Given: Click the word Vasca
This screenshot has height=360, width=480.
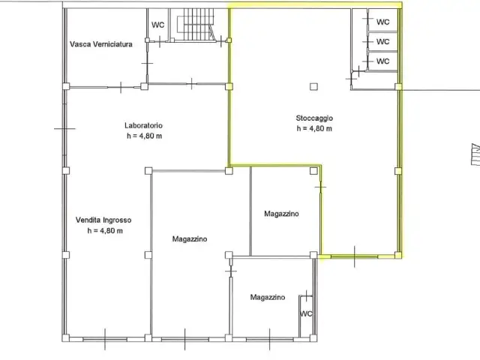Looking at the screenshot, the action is [80, 44].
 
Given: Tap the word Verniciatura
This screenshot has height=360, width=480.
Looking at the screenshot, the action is [112, 44].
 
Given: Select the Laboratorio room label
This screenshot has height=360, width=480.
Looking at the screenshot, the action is [143, 125].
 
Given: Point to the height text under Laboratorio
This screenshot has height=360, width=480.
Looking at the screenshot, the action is [145, 136].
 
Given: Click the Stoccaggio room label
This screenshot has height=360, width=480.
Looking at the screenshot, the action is [314, 118].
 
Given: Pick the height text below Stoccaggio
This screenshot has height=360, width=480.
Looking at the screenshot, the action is [314, 128].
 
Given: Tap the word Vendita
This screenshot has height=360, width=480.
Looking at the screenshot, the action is [88, 220].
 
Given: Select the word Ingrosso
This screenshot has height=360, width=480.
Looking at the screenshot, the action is [117, 220].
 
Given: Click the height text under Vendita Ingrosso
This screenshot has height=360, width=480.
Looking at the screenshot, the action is [105, 231].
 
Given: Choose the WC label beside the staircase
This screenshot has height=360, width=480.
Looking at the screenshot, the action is [158, 25].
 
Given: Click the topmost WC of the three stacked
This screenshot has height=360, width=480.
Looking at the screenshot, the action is [383, 22].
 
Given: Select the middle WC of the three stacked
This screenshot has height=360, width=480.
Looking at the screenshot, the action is [383, 42].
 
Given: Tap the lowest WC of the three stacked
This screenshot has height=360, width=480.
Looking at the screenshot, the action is [383, 61].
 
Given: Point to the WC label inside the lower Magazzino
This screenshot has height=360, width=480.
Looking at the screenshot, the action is [306, 313].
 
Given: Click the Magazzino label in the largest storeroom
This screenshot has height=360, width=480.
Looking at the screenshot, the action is [190, 239].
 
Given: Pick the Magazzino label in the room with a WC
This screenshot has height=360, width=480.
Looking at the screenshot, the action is [268, 297].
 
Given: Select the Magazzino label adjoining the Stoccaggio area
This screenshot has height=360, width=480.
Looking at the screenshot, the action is [282, 214].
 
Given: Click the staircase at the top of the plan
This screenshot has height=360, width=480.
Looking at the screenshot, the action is [195, 25].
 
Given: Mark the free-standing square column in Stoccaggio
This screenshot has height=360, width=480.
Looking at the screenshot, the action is [313, 87].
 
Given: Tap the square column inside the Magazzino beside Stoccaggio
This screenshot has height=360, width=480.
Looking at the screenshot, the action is [313, 171].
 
